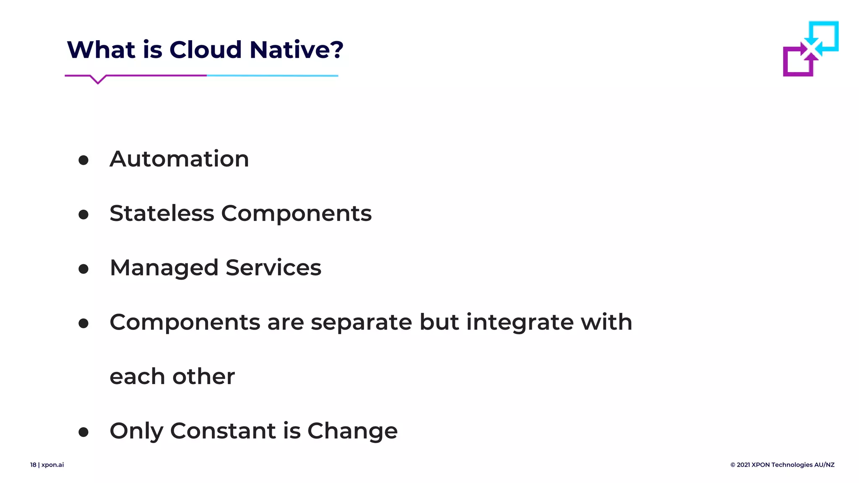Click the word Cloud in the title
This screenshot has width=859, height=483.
[206, 49]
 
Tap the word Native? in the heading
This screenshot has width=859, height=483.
[296, 49]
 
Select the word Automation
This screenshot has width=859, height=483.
[179, 159]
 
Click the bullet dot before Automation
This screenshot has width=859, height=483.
[83, 160]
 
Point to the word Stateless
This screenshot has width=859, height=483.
[161, 213]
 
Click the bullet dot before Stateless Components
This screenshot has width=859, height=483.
[83, 215]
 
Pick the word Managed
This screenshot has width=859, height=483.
[164, 268]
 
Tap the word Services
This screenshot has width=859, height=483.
[273, 267]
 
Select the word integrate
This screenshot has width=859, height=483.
[519, 323]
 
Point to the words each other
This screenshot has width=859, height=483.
[172, 377]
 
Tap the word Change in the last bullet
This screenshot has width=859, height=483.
[352, 431]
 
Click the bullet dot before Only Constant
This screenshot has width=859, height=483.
[83, 432]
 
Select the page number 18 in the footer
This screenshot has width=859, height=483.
[33, 465]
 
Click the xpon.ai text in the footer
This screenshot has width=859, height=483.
[52, 465]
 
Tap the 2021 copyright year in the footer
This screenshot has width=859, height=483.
[743, 465]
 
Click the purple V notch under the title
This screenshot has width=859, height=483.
[98, 80]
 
